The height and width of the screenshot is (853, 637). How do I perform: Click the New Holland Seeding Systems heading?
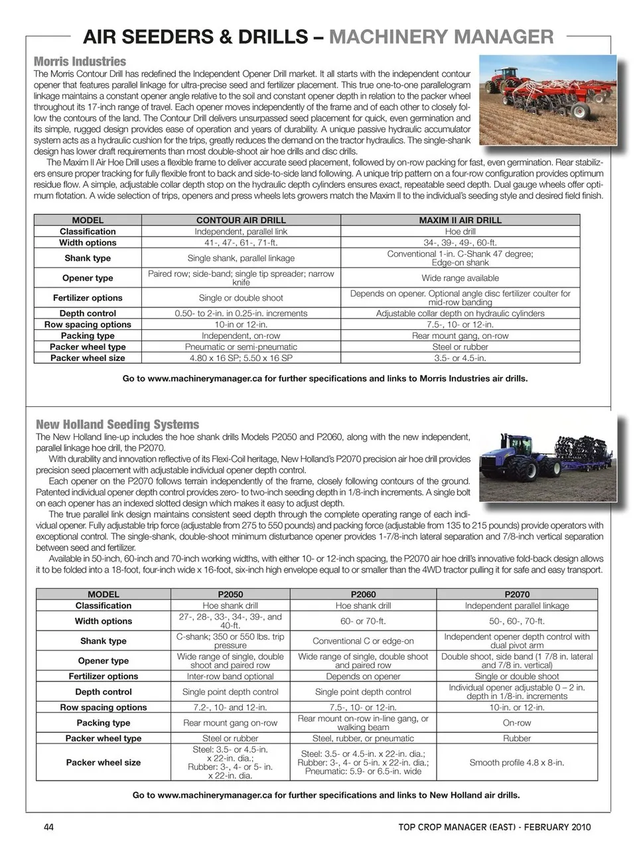pos(117,424)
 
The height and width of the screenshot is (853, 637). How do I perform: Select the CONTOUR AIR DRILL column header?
pos(241,220)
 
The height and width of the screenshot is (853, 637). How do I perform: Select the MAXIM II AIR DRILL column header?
pos(460,220)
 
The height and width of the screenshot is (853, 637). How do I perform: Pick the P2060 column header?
pos(363,594)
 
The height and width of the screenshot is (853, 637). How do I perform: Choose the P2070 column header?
pos(517,594)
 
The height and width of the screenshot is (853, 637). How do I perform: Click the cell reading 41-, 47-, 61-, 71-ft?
pos(241,242)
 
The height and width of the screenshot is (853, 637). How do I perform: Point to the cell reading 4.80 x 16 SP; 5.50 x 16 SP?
pos(241,358)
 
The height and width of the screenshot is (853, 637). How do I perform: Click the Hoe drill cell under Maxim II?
pos(460,232)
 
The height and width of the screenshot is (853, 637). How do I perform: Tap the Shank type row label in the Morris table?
pos(88,258)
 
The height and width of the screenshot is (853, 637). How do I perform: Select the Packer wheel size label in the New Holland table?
pos(104,763)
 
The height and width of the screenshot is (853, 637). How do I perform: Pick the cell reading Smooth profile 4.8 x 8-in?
pos(517,763)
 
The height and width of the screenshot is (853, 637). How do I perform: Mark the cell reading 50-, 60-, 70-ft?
pos(517,621)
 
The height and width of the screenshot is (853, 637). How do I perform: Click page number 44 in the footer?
pos(48,827)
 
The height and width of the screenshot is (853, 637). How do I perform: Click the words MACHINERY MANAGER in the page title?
pos(441,37)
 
